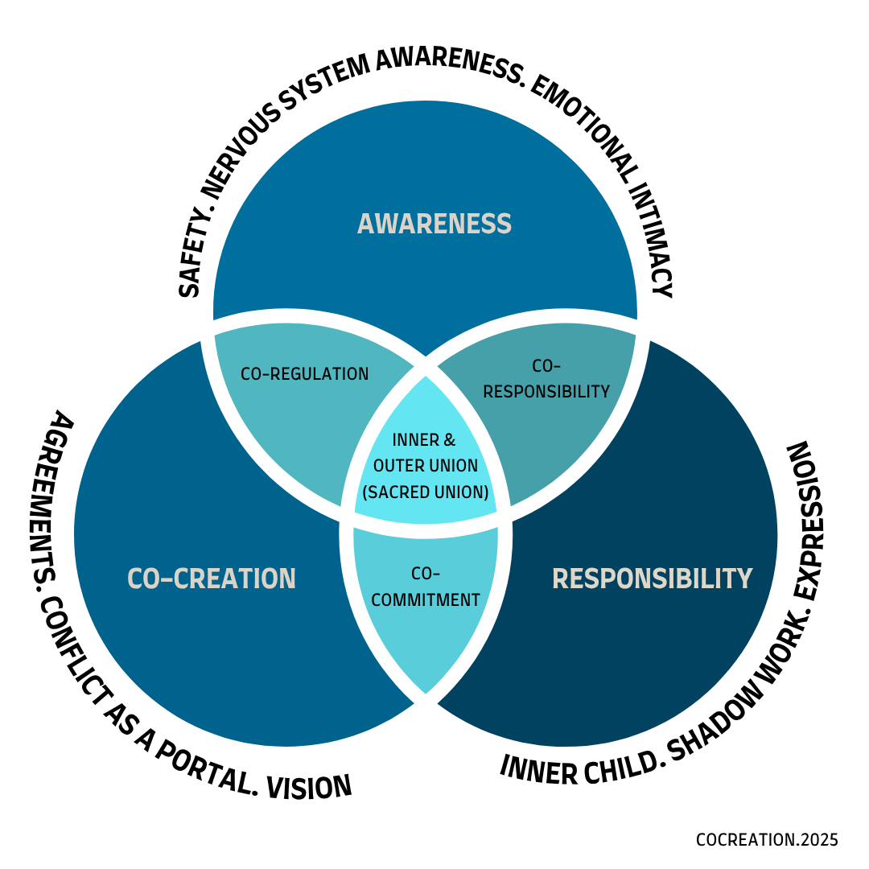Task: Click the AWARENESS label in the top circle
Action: (x=434, y=224)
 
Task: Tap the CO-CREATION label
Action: (x=212, y=579)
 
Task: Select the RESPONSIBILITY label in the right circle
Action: (x=652, y=579)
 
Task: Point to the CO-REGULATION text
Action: (x=305, y=374)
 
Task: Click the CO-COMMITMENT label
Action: (x=425, y=588)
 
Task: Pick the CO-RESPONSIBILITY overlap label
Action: (x=546, y=379)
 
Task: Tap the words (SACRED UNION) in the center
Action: (x=426, y=492)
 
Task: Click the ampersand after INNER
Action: (x=449, y=440)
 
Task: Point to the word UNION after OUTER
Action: (x=454, y=466)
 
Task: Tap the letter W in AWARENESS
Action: (x=386, y=224)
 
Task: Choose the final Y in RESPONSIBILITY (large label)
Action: (x=744, y=579)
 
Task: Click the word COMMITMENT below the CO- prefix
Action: (x=425, y=600)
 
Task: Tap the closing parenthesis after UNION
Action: (x=486, y=492)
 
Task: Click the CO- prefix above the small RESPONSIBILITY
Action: (x=546, y=366)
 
